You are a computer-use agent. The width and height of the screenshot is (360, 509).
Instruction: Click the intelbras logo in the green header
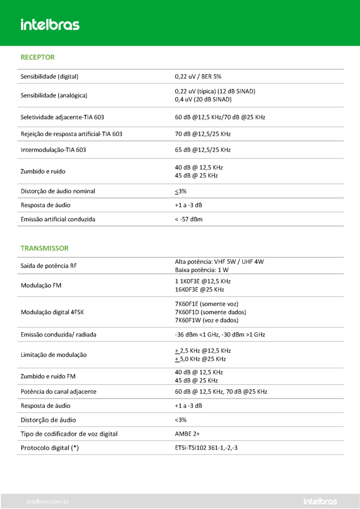pyautogui.click(x=50, y=24)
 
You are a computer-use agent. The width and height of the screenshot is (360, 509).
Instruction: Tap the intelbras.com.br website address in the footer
pyautogui.click(x=47, y=502)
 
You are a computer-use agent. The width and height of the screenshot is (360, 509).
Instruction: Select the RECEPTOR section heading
pyautogui.click(x=37, y=57)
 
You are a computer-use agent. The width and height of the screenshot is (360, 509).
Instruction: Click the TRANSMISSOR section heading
pyautogui.click(x=44, y=248)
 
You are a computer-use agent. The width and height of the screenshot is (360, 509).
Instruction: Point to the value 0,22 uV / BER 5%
pyautogui.click(x=198, y=77)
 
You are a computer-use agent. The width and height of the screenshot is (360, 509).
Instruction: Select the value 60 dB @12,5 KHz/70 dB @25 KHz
pyautogui.click(x=220, y=117)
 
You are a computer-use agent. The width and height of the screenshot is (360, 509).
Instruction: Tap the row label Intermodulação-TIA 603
pyautogui.click(x=53, y=150)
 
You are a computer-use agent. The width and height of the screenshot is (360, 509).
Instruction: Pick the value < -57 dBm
pyautogui.click(x=188, y=219)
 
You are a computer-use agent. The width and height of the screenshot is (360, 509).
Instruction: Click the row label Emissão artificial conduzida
pyautogui.click(x=58, y=219)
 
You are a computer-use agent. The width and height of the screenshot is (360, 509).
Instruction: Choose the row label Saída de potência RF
pyautogui.click(x=49, y=266)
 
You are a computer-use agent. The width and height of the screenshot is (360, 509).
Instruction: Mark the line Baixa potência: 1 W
pyautogui.click(x=202, y=270)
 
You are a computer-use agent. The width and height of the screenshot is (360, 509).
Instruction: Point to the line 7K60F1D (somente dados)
pyautogui.click(x=210, y=312)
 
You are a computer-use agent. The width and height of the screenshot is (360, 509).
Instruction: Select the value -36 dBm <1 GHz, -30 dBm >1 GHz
pyautogui.click(x=220, y=335)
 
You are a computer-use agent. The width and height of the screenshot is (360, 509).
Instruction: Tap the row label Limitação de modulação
pyautogui.click(x=54, y=355)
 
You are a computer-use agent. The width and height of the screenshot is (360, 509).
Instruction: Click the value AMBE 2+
pyautogui.click(x=187, y=434)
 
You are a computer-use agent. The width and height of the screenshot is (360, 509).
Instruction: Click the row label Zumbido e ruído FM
pyautogui.click(x=52, y=376)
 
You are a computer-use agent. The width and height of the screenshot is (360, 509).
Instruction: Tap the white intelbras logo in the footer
pyautogui.click(x=320, y=502)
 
